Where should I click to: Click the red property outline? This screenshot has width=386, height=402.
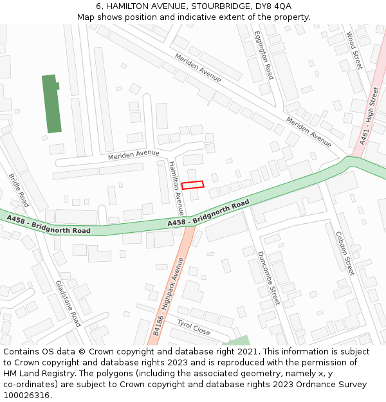192,185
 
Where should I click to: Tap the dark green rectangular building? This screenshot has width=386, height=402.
51,104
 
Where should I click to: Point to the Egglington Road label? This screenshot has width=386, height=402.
264,55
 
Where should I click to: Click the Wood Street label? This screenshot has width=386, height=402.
354,50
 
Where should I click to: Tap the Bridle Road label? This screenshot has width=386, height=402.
19,190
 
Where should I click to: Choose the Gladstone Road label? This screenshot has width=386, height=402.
68,303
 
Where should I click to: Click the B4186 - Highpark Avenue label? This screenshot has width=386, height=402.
169,295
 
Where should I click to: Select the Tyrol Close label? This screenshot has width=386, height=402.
194,328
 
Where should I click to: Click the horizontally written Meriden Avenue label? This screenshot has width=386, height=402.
133,154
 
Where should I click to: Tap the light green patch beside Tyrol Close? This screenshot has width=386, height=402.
239,340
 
